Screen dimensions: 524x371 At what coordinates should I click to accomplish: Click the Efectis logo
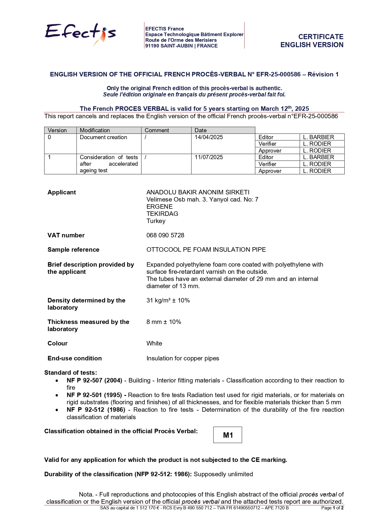point(80,33)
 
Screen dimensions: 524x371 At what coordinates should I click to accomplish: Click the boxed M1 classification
point(228,435)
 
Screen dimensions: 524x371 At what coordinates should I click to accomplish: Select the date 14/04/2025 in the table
point(209,137)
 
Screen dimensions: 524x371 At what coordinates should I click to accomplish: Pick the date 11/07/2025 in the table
point(209,157)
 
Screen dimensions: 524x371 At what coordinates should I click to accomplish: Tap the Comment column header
point(157,130)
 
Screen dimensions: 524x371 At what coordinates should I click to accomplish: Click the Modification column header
point(95,130)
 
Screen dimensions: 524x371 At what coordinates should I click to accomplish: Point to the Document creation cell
point(103,137)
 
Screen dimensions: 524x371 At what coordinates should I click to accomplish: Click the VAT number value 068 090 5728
point(165,235)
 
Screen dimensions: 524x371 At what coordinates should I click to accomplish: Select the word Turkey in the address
point(156,221)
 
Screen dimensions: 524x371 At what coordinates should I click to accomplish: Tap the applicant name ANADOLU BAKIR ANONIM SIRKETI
point(198,192)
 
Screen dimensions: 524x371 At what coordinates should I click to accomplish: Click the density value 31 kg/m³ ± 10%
point(168,300)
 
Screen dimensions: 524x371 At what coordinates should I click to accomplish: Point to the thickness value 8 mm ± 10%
point(164,322)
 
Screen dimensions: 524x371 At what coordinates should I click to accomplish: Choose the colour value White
point(154,343)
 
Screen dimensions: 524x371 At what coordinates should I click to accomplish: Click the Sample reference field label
point(73,250)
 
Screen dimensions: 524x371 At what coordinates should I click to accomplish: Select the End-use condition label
point(74,358)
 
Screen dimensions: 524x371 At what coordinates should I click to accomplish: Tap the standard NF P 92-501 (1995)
point(94,395)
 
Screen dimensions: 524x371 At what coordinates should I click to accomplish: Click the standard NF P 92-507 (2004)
point(94,380)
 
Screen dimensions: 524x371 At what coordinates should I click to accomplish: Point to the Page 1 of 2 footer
point(332,508)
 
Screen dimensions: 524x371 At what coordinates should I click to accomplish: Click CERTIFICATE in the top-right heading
point(321,37)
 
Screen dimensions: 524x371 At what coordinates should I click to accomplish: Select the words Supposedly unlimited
point(223,474)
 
